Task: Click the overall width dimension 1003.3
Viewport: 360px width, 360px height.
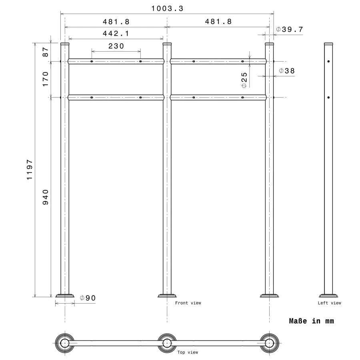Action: (x=167, y=8)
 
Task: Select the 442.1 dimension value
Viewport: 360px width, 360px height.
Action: (x=116, y=34)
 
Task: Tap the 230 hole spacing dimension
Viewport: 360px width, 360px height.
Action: (x=116, y=46)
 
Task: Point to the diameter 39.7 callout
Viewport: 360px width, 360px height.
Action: (x=290, y=29)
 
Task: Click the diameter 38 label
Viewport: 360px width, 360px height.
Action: (x=286, y=71)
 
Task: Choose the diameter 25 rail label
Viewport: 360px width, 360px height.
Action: (x=244, y=80)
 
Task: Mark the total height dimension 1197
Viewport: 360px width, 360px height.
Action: (x=30, y=170)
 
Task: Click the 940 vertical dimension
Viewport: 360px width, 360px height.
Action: (x=45, y=197)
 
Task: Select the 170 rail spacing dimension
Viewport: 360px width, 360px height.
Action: (x=45, y=79)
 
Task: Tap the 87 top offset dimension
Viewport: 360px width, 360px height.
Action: (x=45, y=52)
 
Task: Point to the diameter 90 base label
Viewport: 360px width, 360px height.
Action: (x=88, y=298)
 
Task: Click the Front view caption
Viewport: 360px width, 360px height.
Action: (x=188, y=303)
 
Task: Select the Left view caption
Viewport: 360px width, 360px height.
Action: (x=330, y=303)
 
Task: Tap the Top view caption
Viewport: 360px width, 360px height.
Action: (x=188, y=352)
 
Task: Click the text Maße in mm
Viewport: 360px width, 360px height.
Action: (x=311, y=321)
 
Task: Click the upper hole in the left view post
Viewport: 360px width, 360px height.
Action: (x=328, y=62)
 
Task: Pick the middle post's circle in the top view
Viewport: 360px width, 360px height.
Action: (x=167, y=343)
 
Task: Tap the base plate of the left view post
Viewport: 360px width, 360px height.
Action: (x=328, y=295)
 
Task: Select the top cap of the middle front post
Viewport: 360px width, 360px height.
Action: (x=167, y=43)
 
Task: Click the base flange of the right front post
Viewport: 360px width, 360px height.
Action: (x=269, y=296)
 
